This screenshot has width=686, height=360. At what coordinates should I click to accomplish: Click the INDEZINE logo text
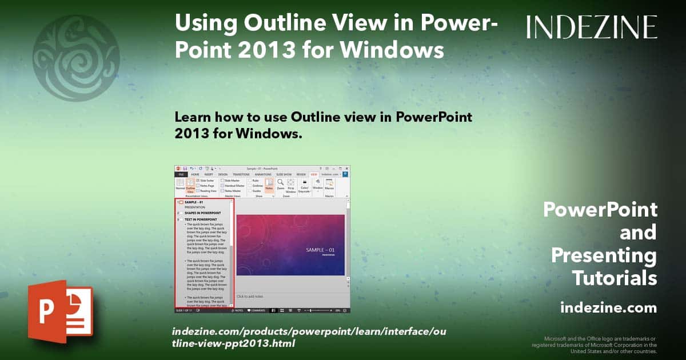[x=592, y=27]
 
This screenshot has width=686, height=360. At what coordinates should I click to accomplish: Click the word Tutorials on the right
[x=615, y=278]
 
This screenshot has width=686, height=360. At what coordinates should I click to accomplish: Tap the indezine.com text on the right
[x=608, y=308]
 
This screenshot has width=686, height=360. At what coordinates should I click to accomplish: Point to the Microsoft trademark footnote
[x=594, y=345]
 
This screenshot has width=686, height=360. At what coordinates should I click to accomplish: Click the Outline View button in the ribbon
[x=190, y=186]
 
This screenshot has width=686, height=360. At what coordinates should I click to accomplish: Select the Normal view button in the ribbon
[x=180, y=185]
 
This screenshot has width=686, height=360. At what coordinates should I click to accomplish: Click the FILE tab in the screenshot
[x=180, y=174]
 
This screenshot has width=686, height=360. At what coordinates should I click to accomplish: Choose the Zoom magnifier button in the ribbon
[x=280, y=185]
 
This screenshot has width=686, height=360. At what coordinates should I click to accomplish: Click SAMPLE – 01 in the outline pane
[x=194, y=202]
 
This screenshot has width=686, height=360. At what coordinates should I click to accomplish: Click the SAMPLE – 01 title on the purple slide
[x=320, y=250]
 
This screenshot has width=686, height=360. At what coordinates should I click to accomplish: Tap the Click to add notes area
[x=249, y=296]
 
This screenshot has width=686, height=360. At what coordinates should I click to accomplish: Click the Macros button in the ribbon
[x=329, y=185]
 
